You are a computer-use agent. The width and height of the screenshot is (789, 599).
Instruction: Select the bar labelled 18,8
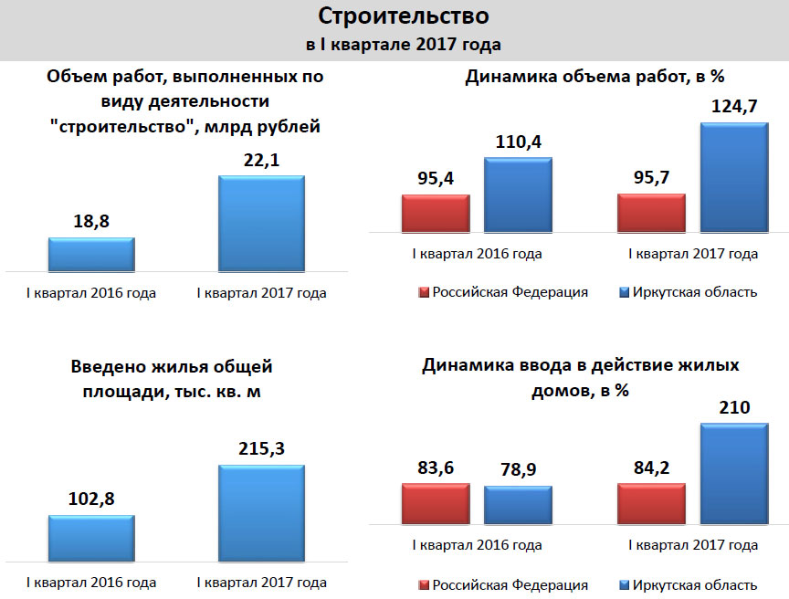pos(91,254)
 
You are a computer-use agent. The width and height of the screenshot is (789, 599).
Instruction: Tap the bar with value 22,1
pos(261,223)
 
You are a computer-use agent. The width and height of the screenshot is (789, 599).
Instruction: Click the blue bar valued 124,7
pos(733,176)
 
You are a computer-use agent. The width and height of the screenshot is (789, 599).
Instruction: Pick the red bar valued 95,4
pos(436,213)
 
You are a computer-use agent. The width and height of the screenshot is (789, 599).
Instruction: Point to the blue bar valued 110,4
pos(518,194)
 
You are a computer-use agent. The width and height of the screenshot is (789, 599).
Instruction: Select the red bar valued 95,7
pos(651,213)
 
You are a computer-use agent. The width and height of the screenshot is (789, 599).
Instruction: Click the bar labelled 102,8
pos(91,538)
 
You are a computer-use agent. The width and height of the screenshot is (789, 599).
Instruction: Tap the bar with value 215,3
pos(261,513)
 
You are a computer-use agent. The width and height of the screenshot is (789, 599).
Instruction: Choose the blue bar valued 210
pos(733,473)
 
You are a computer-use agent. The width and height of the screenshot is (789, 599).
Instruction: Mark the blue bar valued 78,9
pos(518,504)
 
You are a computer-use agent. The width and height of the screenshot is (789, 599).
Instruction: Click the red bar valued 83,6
pos(436,503)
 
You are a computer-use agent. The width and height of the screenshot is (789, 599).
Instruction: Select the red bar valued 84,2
pos(651,503)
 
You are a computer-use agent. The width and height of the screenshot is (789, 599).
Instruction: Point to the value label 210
pos(733,406)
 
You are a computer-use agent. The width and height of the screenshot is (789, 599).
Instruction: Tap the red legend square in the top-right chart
pos(423,293)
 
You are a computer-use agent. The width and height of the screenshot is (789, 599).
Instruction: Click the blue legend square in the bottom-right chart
pos(625,585)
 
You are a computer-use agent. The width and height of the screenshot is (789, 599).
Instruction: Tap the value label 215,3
pos(261,449)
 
